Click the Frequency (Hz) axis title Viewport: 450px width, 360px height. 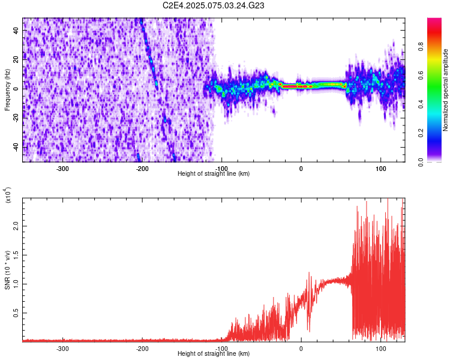coord(7,89)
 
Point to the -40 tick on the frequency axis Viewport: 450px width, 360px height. coord(15,147)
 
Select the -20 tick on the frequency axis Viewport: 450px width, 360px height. coord(15,118)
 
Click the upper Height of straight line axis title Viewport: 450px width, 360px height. coord(214,173)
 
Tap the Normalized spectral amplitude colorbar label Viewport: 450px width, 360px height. coord(445,90)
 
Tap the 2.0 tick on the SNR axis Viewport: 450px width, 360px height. coord(16,226)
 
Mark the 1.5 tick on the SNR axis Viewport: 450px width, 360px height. coord(16,255)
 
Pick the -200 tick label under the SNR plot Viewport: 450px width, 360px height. coord(142,348)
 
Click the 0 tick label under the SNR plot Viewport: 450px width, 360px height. coord(301,348)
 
